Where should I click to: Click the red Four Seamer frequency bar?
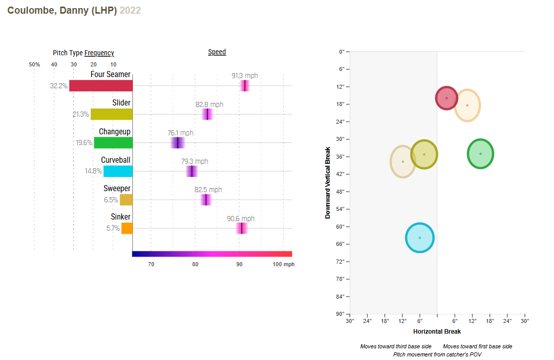[x=101, y=86]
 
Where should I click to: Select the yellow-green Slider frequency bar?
[x=112, y=114]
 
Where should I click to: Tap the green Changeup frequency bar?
[x=113, y=142]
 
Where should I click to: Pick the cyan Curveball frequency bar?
[x=118, y=171]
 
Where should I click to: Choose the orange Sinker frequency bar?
[x=127, y=228]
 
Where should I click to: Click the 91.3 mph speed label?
[x=245, y=76]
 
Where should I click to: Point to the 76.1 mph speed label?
[x=180, y=133]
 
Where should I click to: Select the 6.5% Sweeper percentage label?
[x=111, y=200]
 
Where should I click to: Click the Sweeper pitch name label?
[x=117, y=189]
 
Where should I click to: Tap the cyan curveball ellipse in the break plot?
[x=420, y=238]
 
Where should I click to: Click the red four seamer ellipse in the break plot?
[x=446, y=98]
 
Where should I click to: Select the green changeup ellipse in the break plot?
[x=480, y=154]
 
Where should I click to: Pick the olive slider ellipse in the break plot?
[x=424, y=154]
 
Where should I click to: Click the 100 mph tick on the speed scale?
[x=283, y=264]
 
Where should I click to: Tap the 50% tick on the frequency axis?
[x=34, y=64]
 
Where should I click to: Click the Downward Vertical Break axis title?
[x=328, y=183]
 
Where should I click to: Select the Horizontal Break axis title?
[x=437, y=332]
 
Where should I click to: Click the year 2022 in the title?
[x=130, y=10]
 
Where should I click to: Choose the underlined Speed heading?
[x=217, y=52]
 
